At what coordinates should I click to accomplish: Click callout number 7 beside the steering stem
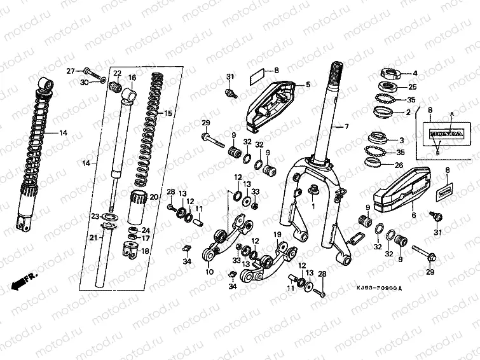click(346, 127)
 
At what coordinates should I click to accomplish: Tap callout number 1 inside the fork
click(313, 207)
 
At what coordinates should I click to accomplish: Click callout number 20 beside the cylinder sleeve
click(153, 197)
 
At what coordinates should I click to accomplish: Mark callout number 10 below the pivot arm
click(209, 272)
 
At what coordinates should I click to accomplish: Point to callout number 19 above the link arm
click(277, 235)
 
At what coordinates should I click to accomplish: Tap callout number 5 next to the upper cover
click(307, 84)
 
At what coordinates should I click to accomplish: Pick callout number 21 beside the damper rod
click(92, 238)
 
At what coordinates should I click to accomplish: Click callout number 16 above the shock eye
click(132, 78)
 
